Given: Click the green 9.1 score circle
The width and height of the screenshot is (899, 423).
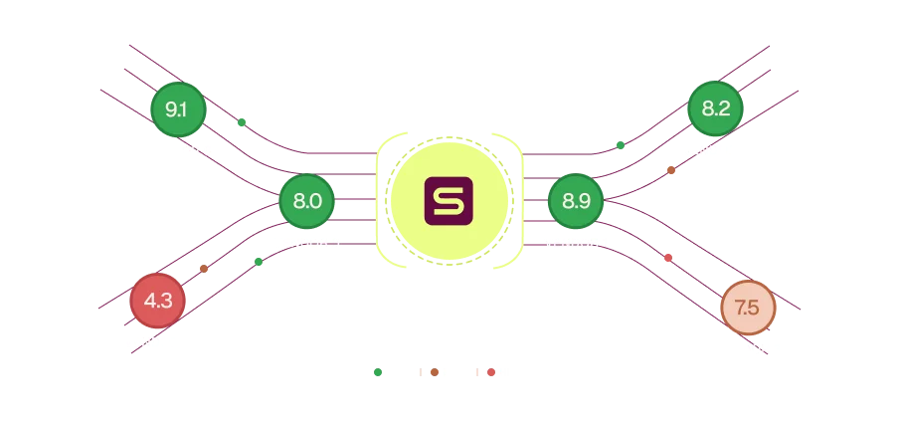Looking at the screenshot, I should [178, 109].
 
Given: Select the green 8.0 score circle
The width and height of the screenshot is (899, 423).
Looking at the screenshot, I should [306, 201].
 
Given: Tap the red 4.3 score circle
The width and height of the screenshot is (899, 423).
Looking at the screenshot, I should [157, 301].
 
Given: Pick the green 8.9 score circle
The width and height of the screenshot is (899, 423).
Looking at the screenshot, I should [576, 201].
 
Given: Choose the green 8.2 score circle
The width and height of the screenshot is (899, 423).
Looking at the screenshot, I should [715, 108].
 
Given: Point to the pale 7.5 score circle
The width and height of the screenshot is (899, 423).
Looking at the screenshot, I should [748, 308].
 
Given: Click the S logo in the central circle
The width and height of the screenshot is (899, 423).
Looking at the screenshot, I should [449, 201].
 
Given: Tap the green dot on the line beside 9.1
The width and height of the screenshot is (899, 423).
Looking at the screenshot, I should [242, 121].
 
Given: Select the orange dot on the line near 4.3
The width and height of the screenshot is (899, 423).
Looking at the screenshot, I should [204, 269].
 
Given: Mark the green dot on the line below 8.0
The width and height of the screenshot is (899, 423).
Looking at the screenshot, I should [259, 262].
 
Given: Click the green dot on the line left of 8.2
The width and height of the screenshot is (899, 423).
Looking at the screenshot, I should [621, 145].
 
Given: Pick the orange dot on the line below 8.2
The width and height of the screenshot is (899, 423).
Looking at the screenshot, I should [672, 170].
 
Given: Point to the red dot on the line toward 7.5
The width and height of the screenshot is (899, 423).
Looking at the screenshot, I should [667, 258].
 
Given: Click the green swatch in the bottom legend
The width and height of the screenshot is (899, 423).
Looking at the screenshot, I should [378, 373].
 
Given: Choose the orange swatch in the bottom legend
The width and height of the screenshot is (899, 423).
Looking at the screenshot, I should [435, 373].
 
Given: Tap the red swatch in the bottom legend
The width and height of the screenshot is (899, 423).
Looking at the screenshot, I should [491, 373].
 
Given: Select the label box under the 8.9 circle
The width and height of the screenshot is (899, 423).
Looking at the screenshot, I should [577, 240].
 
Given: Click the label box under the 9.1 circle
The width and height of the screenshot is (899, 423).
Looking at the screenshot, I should [178, 150].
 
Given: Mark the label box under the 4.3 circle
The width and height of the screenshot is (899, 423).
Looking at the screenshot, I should [155, 341].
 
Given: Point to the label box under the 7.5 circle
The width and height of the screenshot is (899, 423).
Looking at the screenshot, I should [748, 349].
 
